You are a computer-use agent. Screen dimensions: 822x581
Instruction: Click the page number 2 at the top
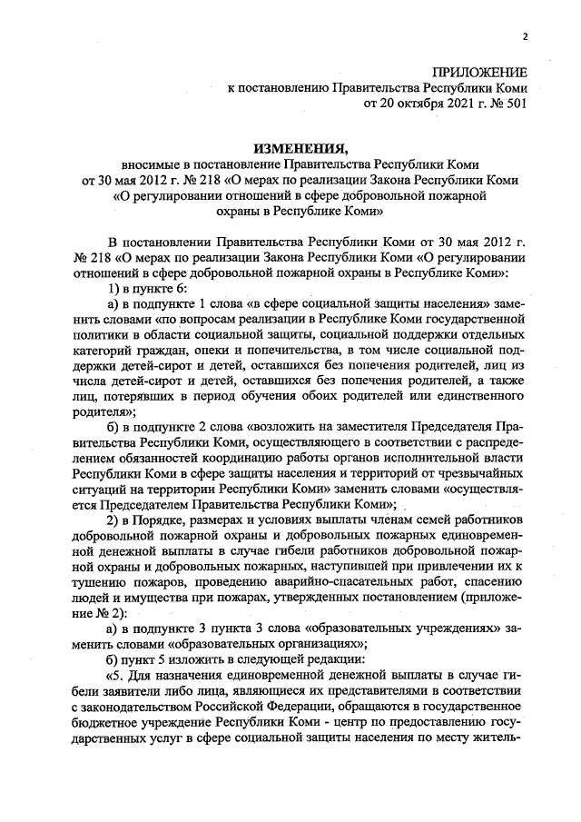coord(525,36)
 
